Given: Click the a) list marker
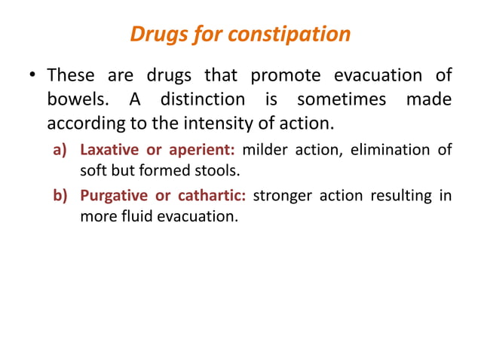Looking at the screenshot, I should click(x=60, y=151).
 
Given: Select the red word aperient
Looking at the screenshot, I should click(x=195, y=151).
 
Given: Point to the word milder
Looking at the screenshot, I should click(x=263, y=151).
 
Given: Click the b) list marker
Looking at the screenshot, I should click(x=60, y=197).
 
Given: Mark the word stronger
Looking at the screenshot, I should click(x=281, y=197).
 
